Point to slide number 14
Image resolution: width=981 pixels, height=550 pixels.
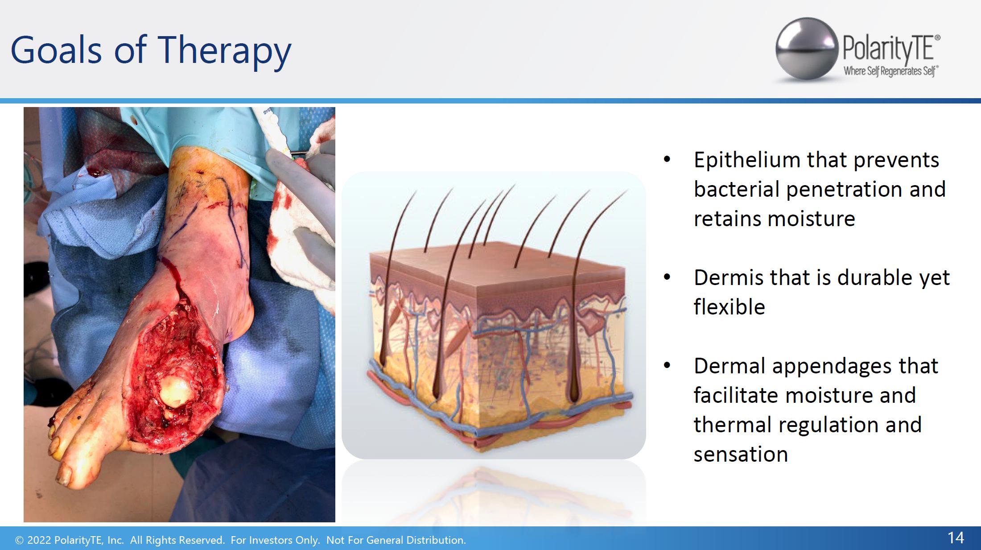[956, 538]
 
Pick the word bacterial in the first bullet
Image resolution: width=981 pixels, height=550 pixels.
[737, 189]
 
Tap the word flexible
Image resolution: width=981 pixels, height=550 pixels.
[729, 307]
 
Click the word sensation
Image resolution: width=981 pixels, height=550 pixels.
[741, 455]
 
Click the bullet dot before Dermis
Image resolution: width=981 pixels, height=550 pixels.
[667, 277]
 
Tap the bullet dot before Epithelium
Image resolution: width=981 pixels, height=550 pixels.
[667, 160]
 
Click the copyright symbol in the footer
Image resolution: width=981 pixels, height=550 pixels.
[19, 540]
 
